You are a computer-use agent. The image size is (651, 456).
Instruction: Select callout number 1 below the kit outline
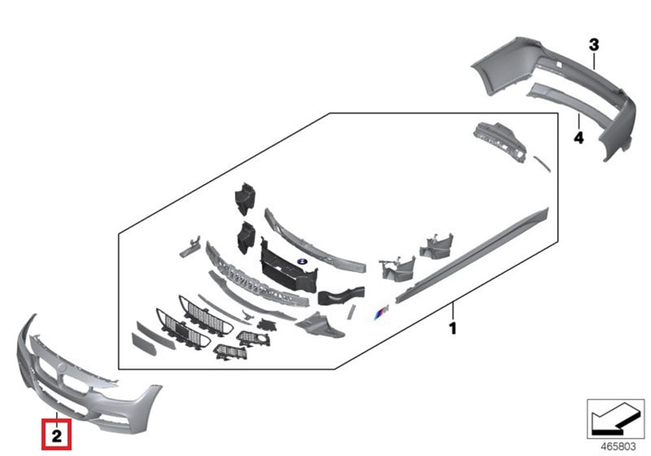pyautogui.click(x=452, y=328)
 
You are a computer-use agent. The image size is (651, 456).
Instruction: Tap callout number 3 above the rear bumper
pyautogui.click(x=594, y=44)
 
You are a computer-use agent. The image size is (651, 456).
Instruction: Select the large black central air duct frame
pyautogui.click(x=286, y=267)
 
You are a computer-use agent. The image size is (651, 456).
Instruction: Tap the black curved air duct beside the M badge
pyautogui.click(x=339, y=296)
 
